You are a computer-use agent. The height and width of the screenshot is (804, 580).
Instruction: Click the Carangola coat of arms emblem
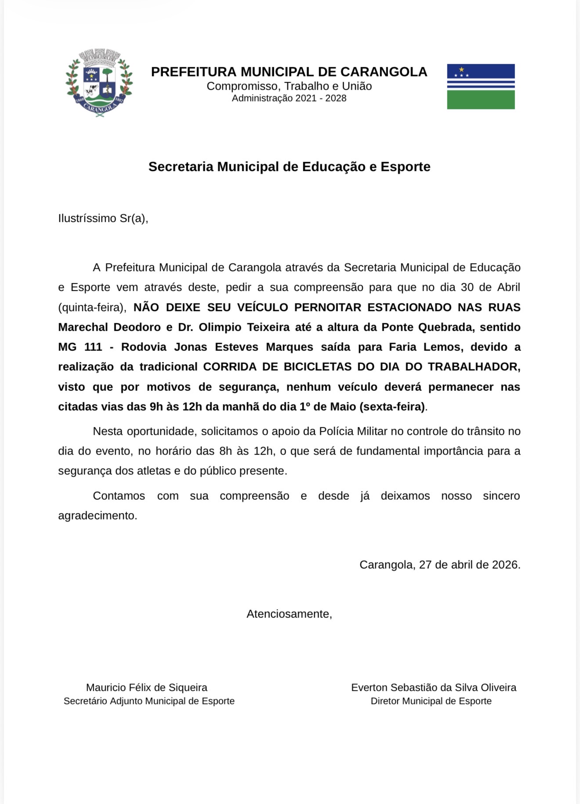click(x=99, y=83)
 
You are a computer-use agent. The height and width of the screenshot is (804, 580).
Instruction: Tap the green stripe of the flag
click(x=481, y=100)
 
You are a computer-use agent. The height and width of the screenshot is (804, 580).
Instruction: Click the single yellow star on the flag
click(x=461, y=69)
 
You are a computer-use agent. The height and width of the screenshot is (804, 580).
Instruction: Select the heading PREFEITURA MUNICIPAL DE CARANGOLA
click(x=289, y=72)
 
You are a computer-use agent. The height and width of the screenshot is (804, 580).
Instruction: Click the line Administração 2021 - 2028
click(x=289, y=98)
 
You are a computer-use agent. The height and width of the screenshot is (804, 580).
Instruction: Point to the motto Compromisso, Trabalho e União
click(x=289, y=86)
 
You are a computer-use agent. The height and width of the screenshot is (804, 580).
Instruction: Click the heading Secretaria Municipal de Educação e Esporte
click(x=289, y=167)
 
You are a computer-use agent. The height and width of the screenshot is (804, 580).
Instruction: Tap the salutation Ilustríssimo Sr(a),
click(x=103, y=218)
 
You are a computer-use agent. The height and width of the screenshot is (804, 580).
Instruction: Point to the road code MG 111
click(x=80, y=347)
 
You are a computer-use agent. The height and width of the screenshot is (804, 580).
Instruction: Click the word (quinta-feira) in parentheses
click(x=91, y=307)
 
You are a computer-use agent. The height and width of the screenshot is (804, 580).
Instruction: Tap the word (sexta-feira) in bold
click(x=392, y=407)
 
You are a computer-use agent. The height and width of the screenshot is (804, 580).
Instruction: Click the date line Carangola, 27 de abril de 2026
click(x=440, y=565)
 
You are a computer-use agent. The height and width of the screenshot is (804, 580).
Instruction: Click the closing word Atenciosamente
click(x=289, y=614)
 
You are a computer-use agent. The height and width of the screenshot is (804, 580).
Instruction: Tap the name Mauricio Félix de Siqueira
click(x=147, y=688)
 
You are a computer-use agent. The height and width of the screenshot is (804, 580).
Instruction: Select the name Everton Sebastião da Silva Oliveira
click(x=434, y=688)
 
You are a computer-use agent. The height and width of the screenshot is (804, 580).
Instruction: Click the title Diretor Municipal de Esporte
click(x=431, y=701)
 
